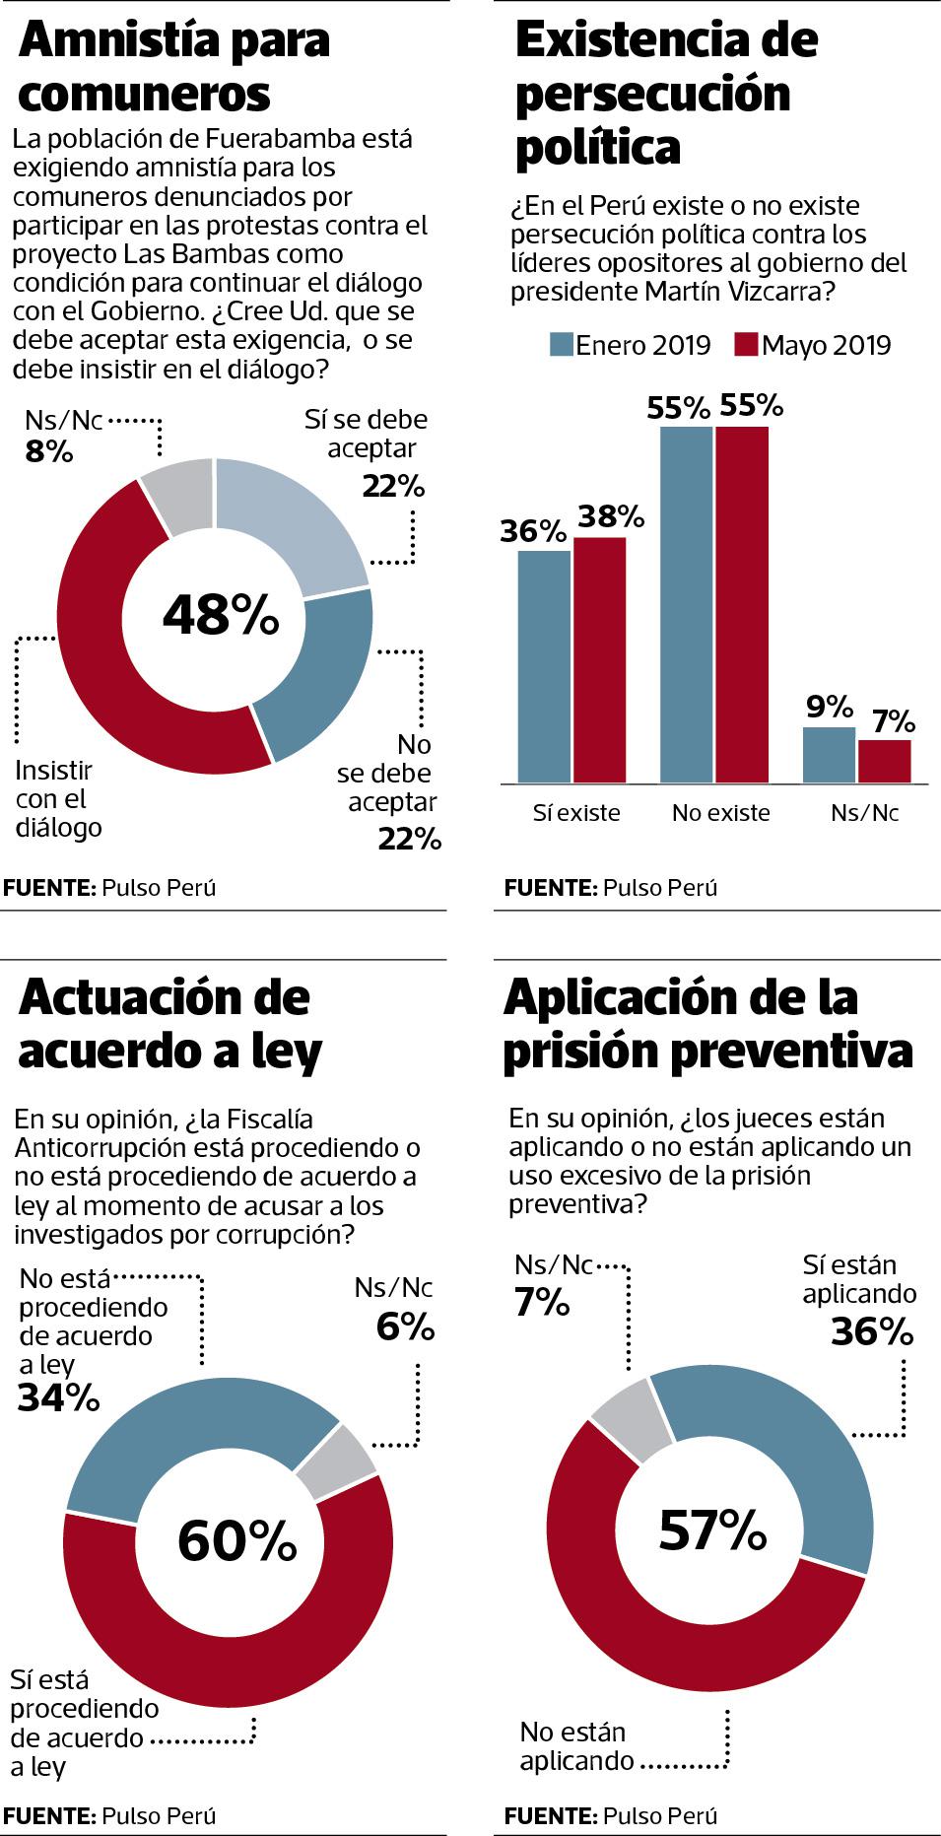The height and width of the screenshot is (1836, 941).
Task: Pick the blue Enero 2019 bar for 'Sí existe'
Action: (544, 665)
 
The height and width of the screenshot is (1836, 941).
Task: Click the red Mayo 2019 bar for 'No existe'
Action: (741, 603)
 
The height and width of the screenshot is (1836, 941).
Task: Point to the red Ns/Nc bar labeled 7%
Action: (884, 761)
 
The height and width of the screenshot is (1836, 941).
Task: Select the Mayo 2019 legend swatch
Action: (746, 345)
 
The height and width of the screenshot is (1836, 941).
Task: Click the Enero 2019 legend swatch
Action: (560, 345)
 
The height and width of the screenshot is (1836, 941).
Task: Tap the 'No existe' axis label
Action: (720, 813)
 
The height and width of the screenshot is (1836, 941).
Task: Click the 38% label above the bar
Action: (611, 516)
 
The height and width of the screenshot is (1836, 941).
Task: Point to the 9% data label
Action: (828, 707)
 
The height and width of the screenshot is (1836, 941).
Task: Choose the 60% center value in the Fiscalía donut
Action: (236, 1540)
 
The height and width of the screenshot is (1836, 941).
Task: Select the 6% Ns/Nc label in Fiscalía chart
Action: (405, 1327)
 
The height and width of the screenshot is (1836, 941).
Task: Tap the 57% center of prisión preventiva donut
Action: (711, 1530)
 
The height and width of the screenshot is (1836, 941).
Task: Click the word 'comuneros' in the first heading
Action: (144, 95)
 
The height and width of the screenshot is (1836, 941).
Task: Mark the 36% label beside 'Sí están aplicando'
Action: (871, 1332)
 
